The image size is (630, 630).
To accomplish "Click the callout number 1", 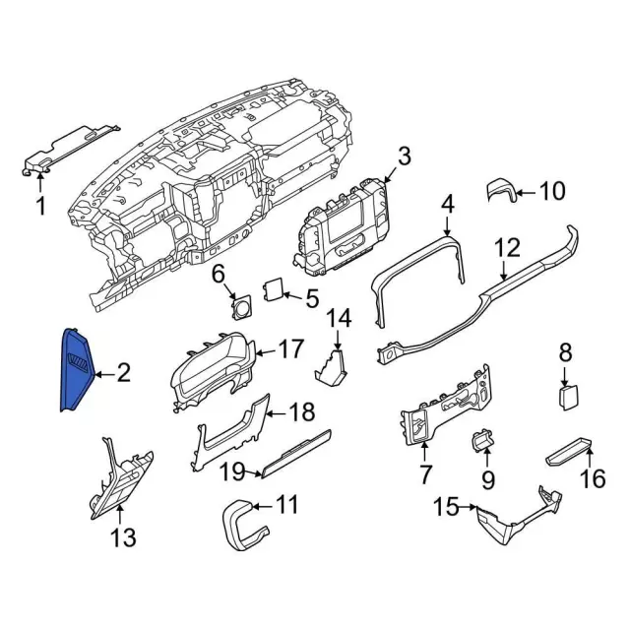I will [40, 206].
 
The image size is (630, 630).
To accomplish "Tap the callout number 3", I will [404, 156].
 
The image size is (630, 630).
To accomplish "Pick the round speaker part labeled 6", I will [238, 306].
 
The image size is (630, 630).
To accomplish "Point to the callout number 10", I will [553, 190].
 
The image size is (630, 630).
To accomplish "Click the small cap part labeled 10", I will [502, 190].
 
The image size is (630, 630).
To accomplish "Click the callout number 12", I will [505, 247].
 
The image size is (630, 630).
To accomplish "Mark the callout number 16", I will [593, 478].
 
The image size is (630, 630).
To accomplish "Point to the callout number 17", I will [291, 348].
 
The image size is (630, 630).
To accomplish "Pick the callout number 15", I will [446, 507].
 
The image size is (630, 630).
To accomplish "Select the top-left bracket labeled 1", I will [69, 149].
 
